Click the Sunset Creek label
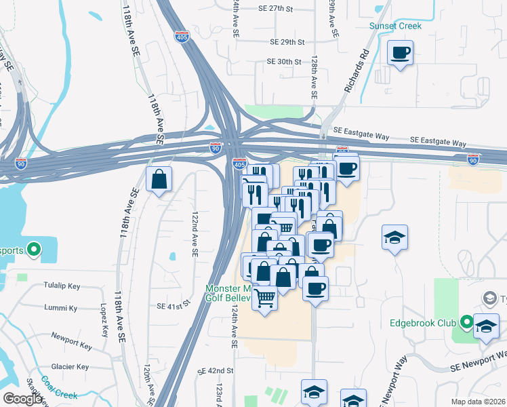click(395, 26)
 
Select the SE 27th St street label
click(275, 9)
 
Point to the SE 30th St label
click(283, 61)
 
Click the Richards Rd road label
click(356, 71)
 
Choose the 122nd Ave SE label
click(195, 233)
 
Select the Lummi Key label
click(61, 308)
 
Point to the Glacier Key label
click(73, 367)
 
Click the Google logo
click(22, 399)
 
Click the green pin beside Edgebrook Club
click(466, 322)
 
